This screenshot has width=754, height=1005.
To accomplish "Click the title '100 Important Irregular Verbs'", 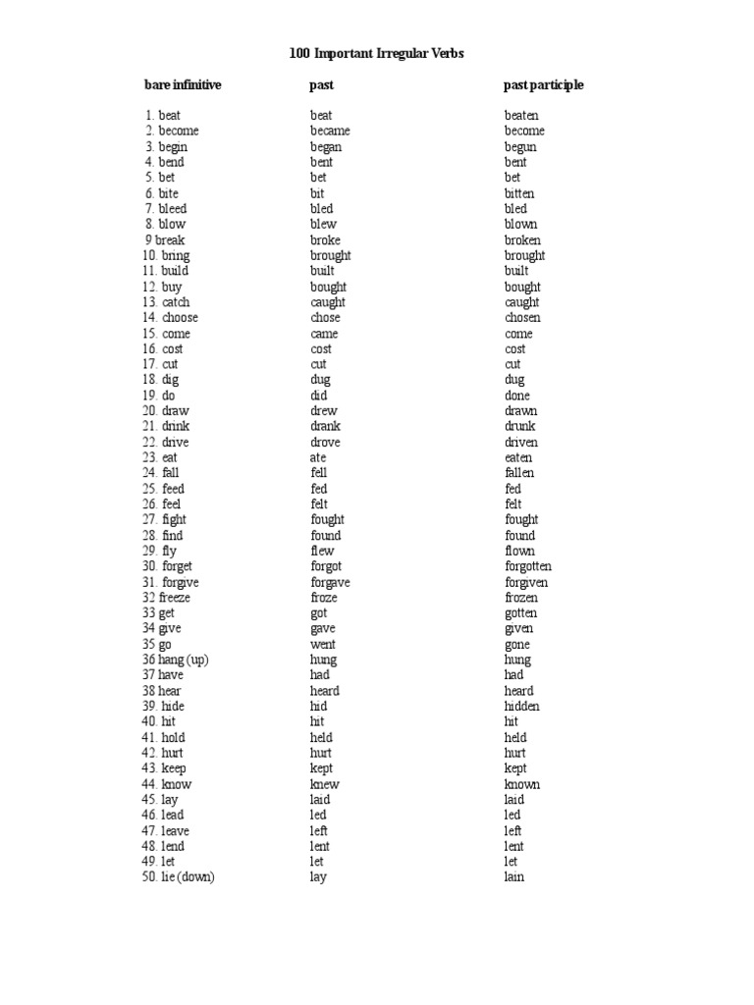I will point(376,54).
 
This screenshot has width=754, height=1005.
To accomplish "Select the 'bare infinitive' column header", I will point(183,85).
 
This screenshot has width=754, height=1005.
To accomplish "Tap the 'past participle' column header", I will point(543,85).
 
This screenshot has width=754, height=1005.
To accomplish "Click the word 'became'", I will point(330,131).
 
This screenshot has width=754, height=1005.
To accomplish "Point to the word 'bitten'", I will point(519,193).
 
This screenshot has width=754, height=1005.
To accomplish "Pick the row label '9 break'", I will point(163,239).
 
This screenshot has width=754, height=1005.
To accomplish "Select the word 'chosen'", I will point(522,318).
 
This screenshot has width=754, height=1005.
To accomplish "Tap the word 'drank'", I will point(326,427).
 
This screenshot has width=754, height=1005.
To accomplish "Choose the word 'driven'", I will point(521,443).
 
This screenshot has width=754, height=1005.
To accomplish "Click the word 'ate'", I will point(319,457).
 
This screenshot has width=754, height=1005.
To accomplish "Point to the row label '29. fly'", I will point(162,551).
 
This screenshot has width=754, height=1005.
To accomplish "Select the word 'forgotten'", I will point(528,566).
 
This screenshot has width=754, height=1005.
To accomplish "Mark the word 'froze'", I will point(324,598).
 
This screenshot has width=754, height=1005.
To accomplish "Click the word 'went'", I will point(323,644).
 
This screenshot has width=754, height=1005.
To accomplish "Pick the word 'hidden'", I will point(522,706).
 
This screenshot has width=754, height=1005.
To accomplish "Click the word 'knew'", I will point(325,784).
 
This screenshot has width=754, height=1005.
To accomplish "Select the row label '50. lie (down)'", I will point(178,876).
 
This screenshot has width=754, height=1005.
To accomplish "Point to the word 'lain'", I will point(514,876).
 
